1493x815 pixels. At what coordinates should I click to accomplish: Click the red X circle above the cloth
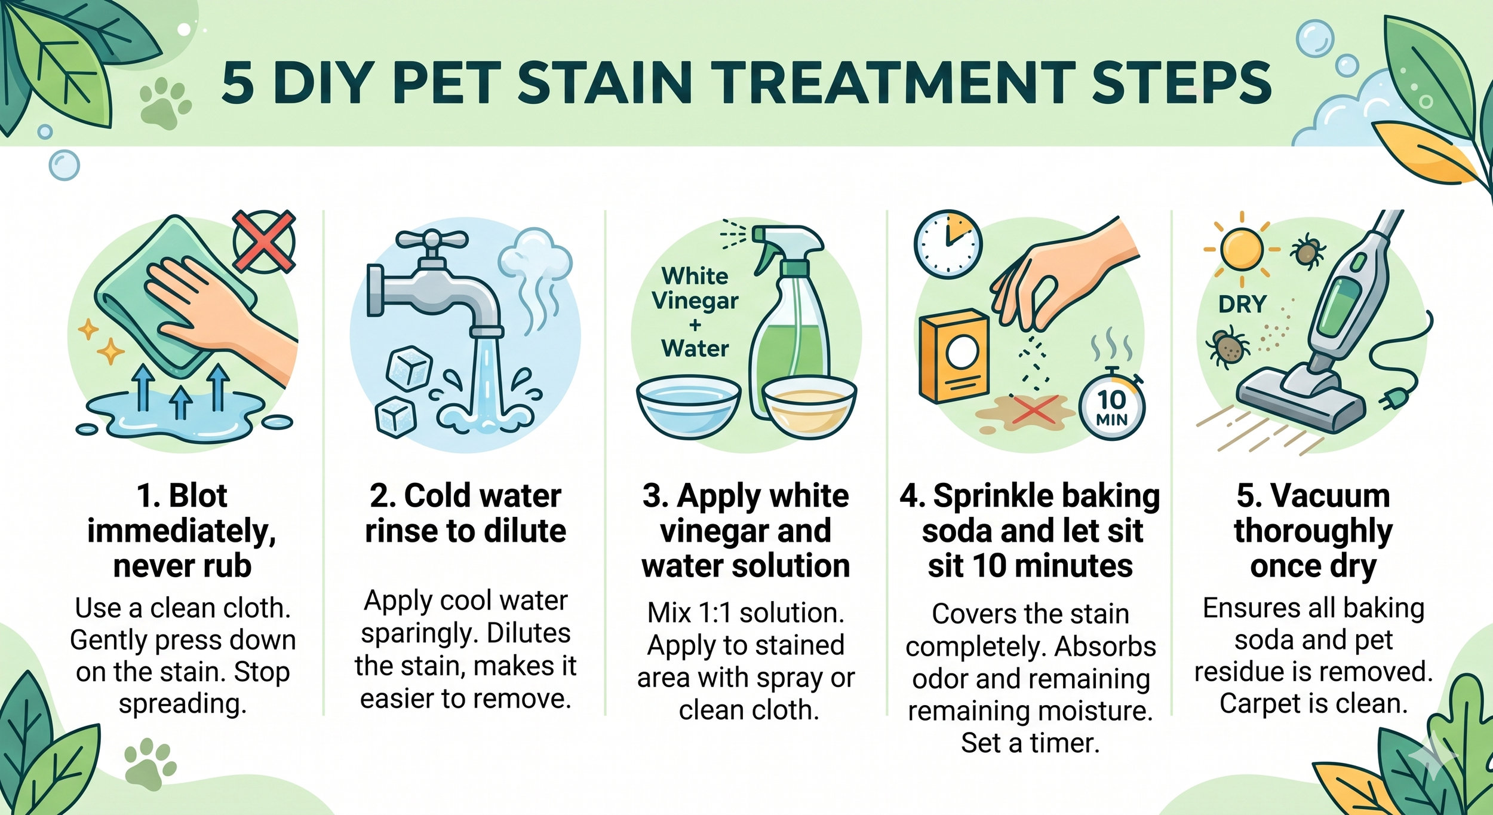pyautogui.click(x=264, y=241)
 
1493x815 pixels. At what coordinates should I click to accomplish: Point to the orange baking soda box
pyautogui.click(x=954, y=356)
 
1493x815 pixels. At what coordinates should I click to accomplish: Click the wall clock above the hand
pyautogui.click(x=948, y=244)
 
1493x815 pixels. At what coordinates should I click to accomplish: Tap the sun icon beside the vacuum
pyautogui.click(x=1242, y=249)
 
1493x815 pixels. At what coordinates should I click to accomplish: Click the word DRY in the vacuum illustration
pyautogui.click(x=1242, y=305)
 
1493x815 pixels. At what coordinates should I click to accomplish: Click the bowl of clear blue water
pyautogui.click(x=689, y=406)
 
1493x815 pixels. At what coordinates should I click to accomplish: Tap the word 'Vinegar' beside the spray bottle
pyautogui.click(x=695, y=301)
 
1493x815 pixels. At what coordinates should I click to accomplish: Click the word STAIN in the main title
pyautogui.click(x=604, y=83)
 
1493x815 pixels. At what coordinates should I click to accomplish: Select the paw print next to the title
pyautogui.click(x=164, y=105)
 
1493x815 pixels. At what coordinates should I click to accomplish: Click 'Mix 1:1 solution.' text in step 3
pyautogui.click(x=746, y=613)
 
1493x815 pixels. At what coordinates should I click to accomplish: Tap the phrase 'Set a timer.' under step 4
pyautogui.click(x=1030, y=743)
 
